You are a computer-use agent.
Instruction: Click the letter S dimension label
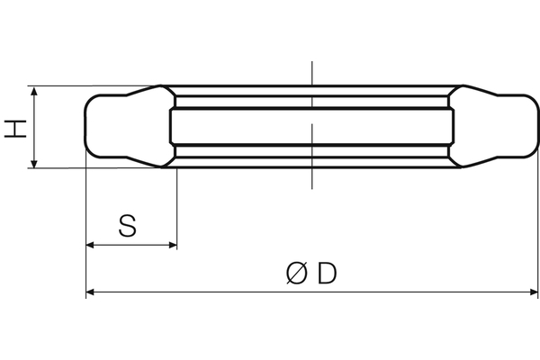129,225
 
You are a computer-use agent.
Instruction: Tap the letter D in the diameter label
326,273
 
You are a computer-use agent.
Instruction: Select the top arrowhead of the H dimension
33,92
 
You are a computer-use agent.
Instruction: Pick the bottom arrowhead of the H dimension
33,163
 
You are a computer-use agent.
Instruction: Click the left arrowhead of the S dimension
91,245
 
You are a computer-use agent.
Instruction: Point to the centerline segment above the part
310,72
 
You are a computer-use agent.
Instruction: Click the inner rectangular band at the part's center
310,127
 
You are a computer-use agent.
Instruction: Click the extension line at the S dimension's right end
176,207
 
